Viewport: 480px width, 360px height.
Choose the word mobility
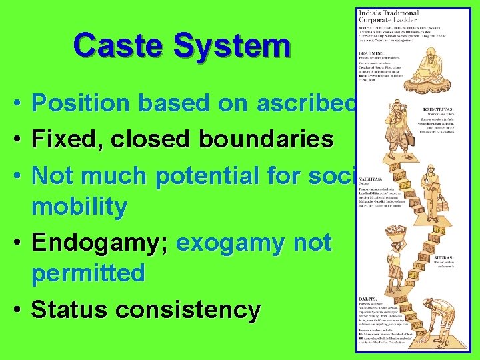pos(79,207)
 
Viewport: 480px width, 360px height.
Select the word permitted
pos(88,273)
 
